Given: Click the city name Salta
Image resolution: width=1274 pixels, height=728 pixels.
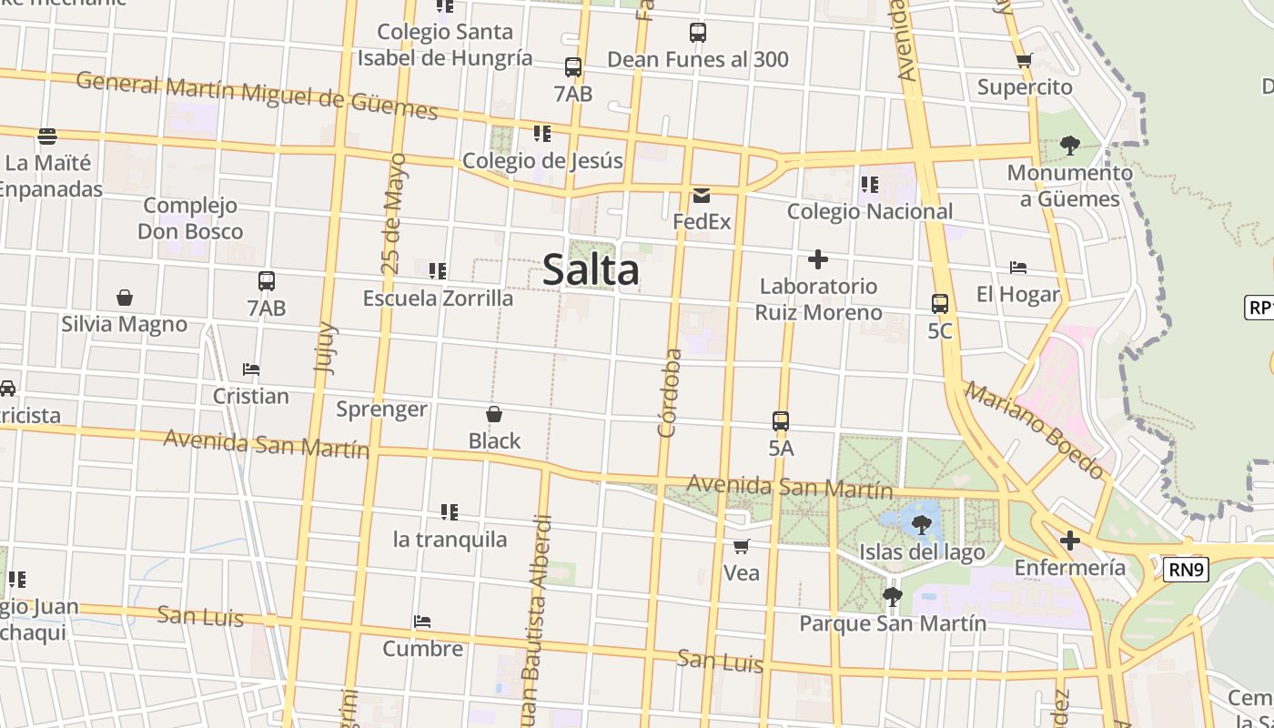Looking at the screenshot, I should pyautogui.click(x=591, y=270).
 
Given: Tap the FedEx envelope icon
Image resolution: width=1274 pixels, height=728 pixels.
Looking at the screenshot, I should pyautogui.click(x=702, y=196).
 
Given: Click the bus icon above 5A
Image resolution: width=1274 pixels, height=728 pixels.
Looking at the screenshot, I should pyautogui.click(x=781, y=421).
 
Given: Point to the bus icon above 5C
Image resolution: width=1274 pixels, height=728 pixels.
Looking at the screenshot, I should pyautogui.click(x=940, y=304).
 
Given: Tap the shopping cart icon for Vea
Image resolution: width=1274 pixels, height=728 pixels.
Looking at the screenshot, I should pyautogui.click(x=742, y=547).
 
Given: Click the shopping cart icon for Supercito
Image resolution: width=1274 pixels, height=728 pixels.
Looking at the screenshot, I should pyautogui.click(x=1025, y=61).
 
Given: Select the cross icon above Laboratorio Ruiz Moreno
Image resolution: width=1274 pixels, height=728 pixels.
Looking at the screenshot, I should pyautogui.click(x=818, y=260).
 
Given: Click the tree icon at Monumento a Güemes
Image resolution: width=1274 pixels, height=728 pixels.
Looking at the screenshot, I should pyautogui.click(x=1070, y=146).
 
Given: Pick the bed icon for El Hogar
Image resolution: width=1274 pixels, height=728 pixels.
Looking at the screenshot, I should pyautogui.click(x=1018, y=268).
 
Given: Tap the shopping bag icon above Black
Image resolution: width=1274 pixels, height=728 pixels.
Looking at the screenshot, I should pyautogui.click(x=494, y=415).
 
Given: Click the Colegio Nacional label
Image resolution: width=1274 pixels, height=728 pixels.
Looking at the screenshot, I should pyautogui.click(x=869, y=212).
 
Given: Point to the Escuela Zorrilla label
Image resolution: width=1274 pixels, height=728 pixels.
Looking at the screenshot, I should pyautogui.click(x=438, y=298).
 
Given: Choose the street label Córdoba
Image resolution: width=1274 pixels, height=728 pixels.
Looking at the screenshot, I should pyautogui.click(x=670, y=392).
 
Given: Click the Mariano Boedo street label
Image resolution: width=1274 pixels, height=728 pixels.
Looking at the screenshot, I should pyautogui.click(x=1035, y=430).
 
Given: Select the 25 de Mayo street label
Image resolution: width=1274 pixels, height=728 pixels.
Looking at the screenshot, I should pyautogui.click(x=393, y=215).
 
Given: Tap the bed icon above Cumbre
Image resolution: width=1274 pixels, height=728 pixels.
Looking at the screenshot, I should pyautogui.click(x=422, y=622).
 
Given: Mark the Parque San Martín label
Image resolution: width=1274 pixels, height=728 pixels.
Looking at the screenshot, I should pyautogui.click(x=893, y=624).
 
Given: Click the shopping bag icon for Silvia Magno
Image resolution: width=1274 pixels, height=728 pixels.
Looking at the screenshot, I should pyautogui.click(x=125, y=298).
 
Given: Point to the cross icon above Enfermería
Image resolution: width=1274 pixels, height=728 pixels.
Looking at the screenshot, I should pyautogui.click(x=1070, y=541).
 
